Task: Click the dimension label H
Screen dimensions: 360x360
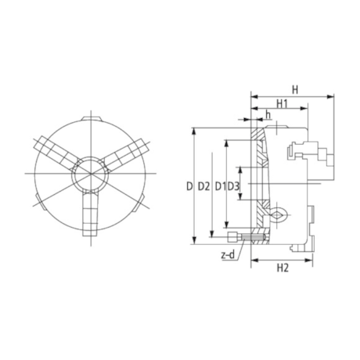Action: [294, 88]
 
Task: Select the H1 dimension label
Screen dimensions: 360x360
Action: [283, 104]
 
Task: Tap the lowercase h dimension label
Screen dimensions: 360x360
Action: [268, 117]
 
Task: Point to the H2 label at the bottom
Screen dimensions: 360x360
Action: [284, 268]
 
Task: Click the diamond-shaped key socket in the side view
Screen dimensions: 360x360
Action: [277, 213]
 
